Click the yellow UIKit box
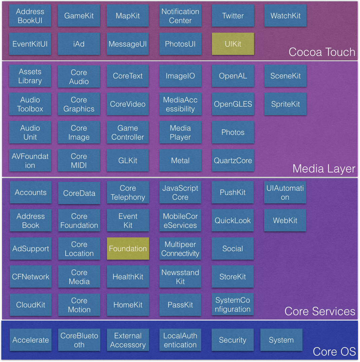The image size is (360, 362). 233,44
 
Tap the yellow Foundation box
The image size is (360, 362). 128,249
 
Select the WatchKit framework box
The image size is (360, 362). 285,15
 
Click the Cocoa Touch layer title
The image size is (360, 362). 322,52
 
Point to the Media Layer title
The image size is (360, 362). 324,169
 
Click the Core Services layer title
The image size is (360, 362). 320,311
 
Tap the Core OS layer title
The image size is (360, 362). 334,352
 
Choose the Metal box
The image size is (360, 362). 180,160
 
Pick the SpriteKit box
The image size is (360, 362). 285,104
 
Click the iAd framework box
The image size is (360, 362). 79,44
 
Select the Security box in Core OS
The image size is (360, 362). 232,340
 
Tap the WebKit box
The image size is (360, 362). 285,220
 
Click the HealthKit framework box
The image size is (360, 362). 128,276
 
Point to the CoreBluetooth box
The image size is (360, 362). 79,340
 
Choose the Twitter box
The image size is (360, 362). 233,15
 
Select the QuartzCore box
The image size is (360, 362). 233,160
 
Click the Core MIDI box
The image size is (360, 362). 79,160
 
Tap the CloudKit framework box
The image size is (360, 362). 30,305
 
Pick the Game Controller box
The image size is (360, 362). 128,132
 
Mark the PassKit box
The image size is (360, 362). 180,305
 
